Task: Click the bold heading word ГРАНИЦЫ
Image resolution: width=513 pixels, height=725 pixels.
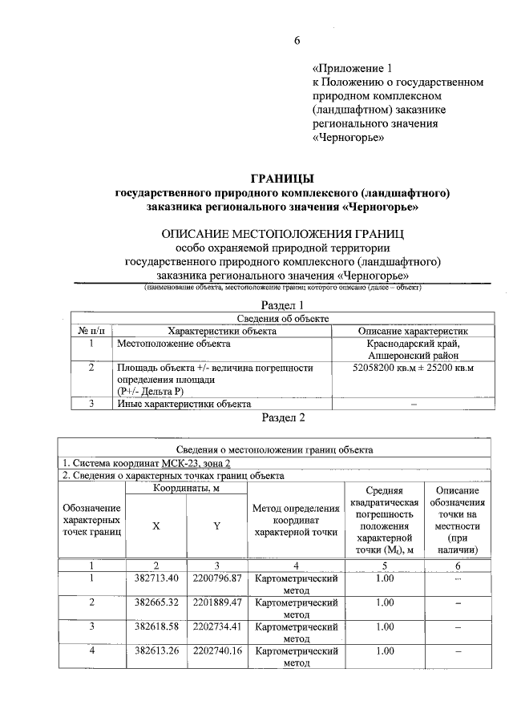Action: tap(283, 178)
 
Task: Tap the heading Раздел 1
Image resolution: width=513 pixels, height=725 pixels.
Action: tap(284, 306)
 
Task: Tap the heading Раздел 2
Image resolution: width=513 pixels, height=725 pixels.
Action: tap(284, 417)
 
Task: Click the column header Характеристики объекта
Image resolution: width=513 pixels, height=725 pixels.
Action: tap(222, 330)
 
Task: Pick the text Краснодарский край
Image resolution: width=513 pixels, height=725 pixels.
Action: tap(414, 344)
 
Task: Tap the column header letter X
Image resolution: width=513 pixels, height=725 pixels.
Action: tap(156, 526)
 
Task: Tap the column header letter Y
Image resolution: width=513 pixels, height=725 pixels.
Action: tap(216, 526)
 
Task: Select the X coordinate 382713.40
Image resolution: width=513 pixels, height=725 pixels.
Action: tap(156, 578)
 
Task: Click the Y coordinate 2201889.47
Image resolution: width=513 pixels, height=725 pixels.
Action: tap(217, 602)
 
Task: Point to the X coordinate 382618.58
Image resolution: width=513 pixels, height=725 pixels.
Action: tap(156, 626)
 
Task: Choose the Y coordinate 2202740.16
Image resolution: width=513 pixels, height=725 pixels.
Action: tap(217, 650)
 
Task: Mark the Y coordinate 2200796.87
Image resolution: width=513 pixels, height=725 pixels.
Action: tap(217, 578)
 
